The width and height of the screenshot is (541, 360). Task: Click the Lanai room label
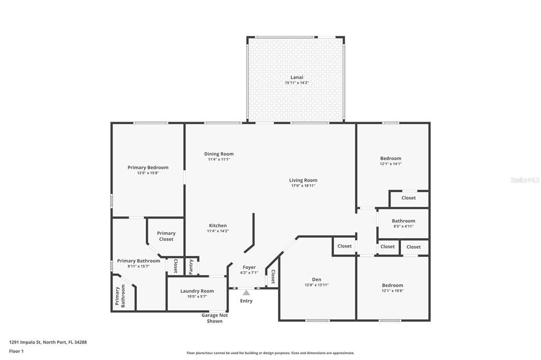coord(296,77)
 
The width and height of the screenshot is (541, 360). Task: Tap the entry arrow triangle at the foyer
coord(246,292)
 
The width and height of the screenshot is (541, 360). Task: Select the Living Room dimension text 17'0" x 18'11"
coord(303,186)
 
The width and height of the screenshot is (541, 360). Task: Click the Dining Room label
coord(219,154)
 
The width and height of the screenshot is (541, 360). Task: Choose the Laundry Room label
coord(197,291)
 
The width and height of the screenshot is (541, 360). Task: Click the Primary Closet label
coord(166,236)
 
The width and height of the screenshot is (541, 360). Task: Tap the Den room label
coord(316,279)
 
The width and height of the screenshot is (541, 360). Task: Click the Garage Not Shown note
coord(214,318)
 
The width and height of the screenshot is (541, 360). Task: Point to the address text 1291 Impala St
coord(48,342)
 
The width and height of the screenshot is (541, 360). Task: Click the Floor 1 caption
coord(16,351)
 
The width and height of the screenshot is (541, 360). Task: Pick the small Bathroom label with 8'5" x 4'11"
coord(403,221)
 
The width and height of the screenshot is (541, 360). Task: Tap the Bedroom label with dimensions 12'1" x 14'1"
coord(390,158)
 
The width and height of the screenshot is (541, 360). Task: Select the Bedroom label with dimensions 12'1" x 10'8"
coord(392,285)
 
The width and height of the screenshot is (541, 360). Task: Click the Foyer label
coord(249,267)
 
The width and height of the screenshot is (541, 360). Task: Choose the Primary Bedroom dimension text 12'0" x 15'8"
coord(148,173)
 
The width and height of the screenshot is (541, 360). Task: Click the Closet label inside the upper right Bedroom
coord(408,198)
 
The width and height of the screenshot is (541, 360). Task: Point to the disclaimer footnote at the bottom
coord(270,353)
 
